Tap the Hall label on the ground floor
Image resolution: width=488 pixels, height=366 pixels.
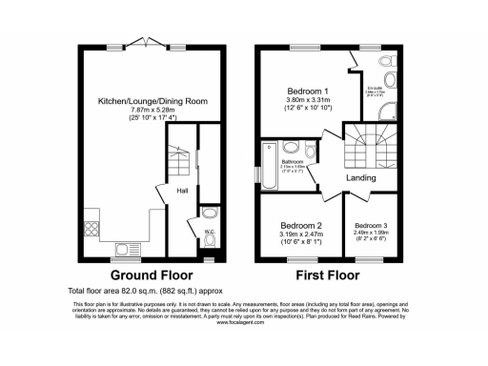click(182, 191)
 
